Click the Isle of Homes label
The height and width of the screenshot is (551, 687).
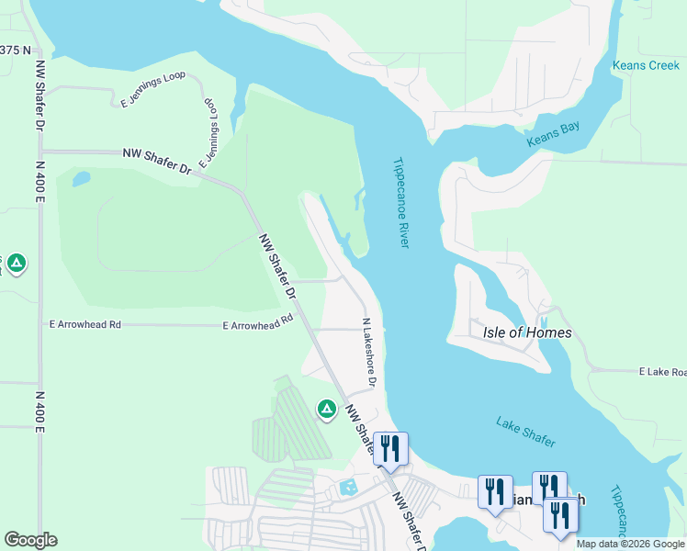[527, 332]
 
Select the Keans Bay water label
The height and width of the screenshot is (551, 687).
[553, 135]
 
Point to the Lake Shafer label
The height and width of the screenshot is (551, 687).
[525, 432]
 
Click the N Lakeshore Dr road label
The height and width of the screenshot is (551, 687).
[368, 353]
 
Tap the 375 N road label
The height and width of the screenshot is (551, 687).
[16, 50]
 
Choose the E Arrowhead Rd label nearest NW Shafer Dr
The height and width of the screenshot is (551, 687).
[257, 322]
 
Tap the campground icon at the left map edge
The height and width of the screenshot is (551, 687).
[16, 264]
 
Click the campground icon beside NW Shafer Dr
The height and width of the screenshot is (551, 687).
[326, 409]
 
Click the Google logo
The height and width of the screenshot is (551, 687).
[30, 540]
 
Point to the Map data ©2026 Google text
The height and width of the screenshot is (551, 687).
[630, 544]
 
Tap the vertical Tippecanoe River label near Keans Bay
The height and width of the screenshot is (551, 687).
[400, 202]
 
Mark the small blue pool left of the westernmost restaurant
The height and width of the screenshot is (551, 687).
[348, 487]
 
